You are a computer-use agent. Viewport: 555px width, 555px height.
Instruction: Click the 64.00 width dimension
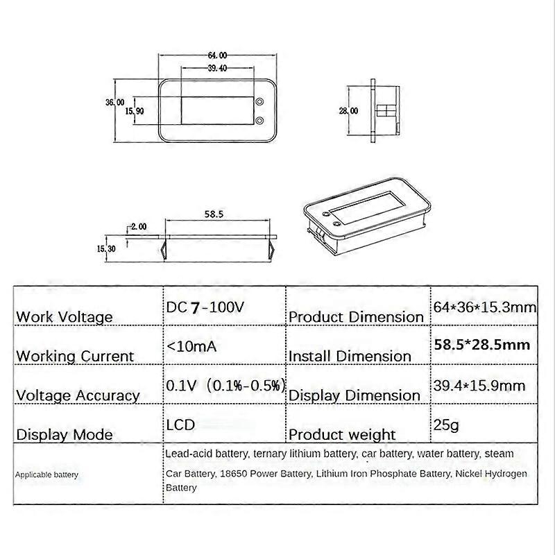(x=217, y=55)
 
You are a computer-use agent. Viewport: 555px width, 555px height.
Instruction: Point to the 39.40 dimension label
(x=217, y=68)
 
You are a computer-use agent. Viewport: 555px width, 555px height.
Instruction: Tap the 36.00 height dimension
(x=115, y=102)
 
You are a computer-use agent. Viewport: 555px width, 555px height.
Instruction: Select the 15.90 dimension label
(x=135, y=111)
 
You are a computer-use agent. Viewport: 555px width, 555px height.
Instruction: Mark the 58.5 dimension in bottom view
(x=214, y=215)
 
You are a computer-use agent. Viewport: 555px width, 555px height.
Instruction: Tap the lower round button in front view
(x=259, y=121)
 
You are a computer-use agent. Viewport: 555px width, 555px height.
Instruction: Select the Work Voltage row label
(x=64, y=317)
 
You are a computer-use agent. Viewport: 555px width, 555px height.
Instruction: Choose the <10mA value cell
(x=191, y=345)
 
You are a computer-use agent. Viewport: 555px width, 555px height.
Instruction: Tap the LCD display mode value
(x=180, y=424)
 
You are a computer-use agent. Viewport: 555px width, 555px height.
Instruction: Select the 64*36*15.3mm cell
(x=484, y=306)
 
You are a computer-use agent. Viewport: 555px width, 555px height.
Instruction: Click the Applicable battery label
(x=47, y=475)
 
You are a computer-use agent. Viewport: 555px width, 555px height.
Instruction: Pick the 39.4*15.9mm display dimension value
(x=478, y=385)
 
